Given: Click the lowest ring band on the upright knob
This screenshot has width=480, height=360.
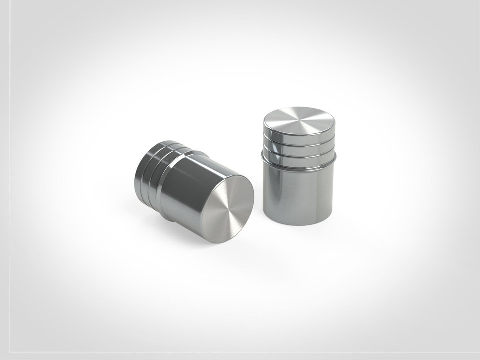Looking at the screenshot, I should [299, 157].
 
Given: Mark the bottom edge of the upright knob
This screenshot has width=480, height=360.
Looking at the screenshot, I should [299, 224].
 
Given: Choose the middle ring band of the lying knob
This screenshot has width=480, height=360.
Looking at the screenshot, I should [147, 170].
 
